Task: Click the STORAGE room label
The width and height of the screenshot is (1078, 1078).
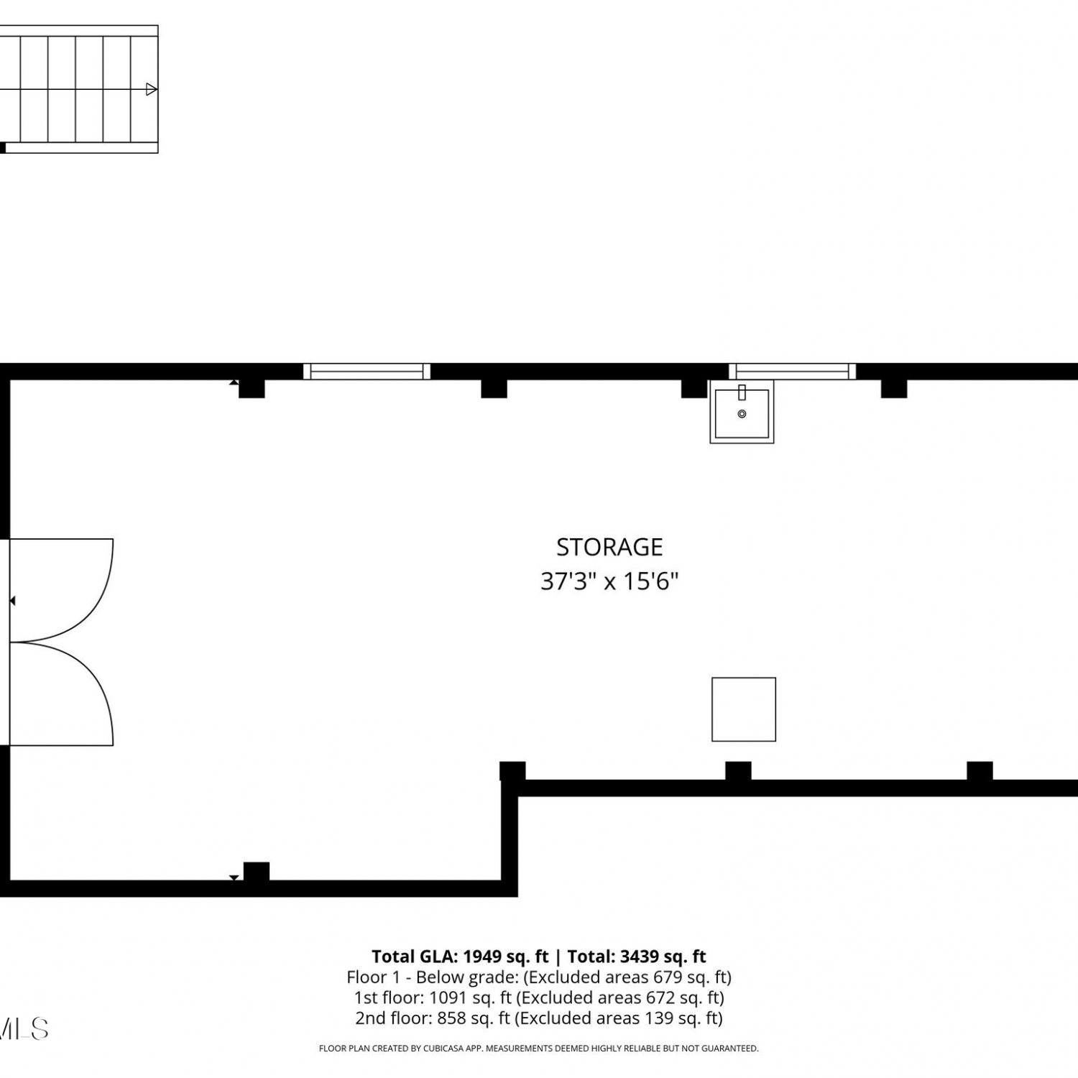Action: tap(609, 547)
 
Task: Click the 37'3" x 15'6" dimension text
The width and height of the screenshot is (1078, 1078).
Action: tap(609, 581)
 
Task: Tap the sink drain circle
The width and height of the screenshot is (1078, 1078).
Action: tap(742, 414)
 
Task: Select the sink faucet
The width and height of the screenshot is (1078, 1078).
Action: tap(742, 392)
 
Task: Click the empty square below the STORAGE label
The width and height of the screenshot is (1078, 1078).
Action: tap(744, 709)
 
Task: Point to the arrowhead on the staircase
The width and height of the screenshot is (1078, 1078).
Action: tap(152, 89)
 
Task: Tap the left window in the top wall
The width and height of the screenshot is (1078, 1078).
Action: tap(367, 371)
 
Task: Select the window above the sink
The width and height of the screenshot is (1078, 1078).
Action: tap(792, 371)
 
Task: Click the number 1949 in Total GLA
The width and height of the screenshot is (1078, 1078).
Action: tap(482, 957)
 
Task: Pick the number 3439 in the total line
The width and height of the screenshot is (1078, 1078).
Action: tap(640, 957)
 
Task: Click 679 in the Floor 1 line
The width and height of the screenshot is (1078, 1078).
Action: tap(667, 977)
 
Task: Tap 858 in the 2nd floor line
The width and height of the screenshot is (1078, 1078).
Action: tap(451, 1018)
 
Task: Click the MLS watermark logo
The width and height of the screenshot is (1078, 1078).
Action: tap(24, 1029)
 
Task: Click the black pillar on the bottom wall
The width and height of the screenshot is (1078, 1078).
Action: tap(257, 872)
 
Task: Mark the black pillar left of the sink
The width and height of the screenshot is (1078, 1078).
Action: tap(694, 388)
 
